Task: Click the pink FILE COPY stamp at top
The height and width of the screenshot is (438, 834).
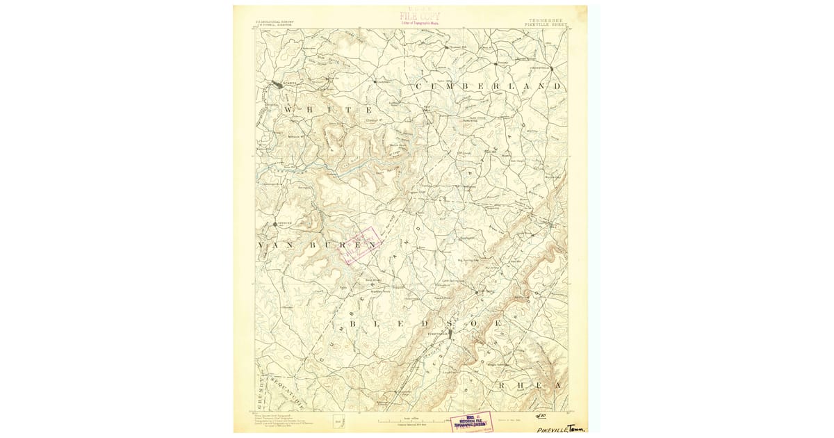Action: point(420,15)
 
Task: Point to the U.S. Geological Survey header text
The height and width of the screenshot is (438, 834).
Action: point(275,22)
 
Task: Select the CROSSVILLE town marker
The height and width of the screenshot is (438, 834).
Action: point(541,68)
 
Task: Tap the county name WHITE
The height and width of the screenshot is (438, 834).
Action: point(327,111)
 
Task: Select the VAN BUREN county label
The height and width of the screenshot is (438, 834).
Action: point(320,245)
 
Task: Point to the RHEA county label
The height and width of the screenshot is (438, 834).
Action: point(528,384)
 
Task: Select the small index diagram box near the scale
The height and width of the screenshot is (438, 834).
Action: point(338,420)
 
